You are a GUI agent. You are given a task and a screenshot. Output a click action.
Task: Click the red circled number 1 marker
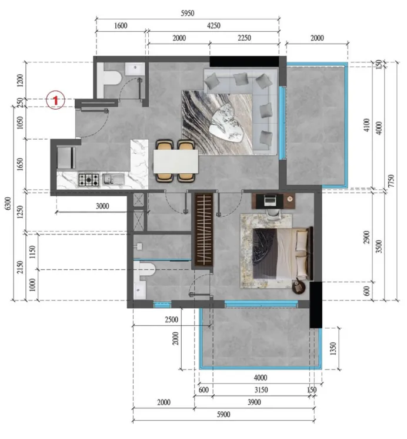pyautogui.click(x=55, y=101)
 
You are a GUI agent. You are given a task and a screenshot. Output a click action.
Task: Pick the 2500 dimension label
pyautogui.click(x=172, y=319)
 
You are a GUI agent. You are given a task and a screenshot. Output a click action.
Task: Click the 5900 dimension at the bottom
pyautogui.click(x=223, y=415)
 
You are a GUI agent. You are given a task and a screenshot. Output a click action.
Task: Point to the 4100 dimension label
pyautogui.click(x=366, y=127)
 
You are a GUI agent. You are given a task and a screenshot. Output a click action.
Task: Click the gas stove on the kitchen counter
pyautogui.click(x=88, y=179)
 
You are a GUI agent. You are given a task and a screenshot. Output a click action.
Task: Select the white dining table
pyautogui.click(x=176, y=161)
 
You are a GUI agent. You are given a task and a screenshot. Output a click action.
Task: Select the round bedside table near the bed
pyautogui.click(x=299, y=287)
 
